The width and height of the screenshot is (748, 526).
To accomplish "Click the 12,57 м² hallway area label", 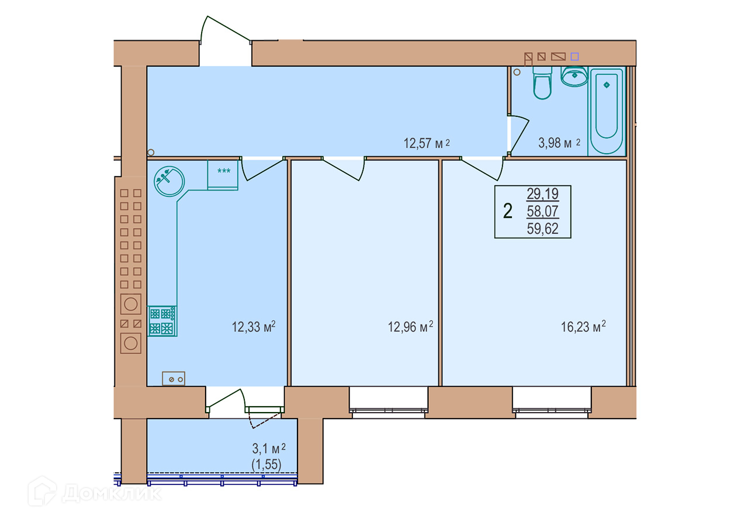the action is (427, 143).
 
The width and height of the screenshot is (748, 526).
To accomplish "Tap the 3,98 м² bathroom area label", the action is (559, 143).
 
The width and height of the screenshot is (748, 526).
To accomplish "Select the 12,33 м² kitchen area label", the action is (254, 327).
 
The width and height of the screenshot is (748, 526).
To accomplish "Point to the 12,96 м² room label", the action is (410, 327).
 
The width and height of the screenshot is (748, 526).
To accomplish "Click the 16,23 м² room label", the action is (583, 327).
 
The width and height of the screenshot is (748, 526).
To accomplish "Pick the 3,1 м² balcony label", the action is (269, 448).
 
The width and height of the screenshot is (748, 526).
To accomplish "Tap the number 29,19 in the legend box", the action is (543, 193).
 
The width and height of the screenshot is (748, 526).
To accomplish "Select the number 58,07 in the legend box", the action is (543, 211).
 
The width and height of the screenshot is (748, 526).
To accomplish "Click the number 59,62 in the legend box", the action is (543, 229).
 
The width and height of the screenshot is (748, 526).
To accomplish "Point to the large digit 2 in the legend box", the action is (508, 211).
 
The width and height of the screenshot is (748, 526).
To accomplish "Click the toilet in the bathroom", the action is (542, 83).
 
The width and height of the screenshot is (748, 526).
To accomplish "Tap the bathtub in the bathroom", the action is (607, 111).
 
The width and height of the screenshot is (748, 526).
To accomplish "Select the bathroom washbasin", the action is (574, 77).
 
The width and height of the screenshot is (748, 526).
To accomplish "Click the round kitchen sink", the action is (169, 181).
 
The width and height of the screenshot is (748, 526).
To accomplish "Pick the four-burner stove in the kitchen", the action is (162, 321).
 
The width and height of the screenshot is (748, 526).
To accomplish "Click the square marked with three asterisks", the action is (223, 175).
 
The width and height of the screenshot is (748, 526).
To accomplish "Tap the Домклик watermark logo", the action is (95, 492).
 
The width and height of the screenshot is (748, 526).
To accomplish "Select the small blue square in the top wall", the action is (574, 57).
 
